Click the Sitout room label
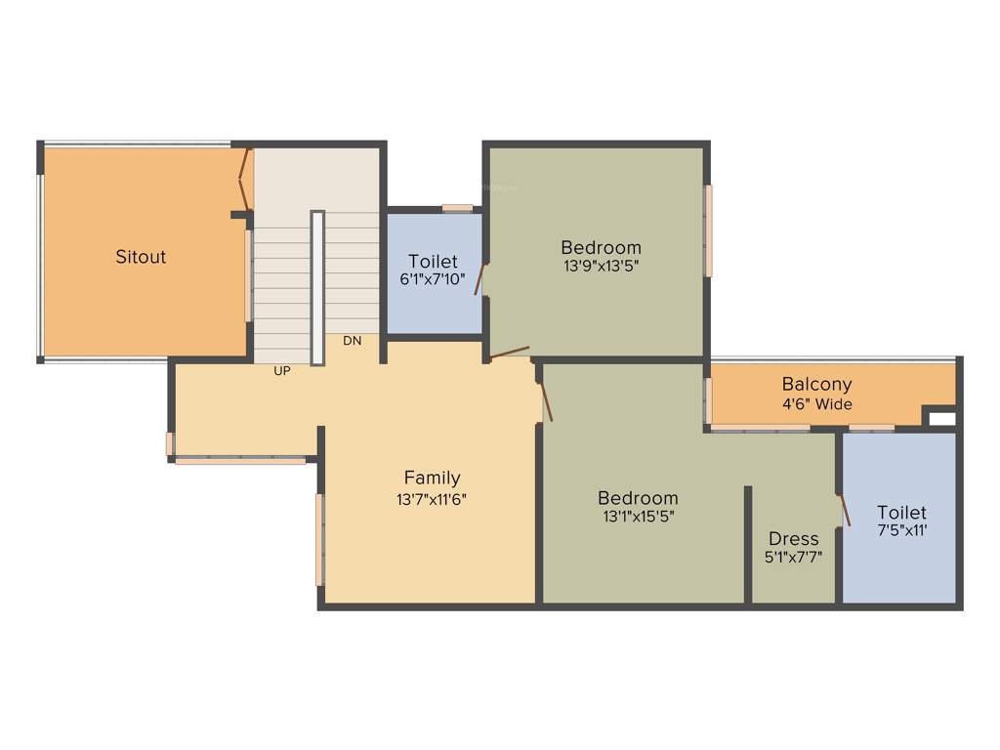click(141, 257)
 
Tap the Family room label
click(432, 478)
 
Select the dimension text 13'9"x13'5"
click(601, 264)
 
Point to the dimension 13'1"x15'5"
click(638, 516)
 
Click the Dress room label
click(793, 539)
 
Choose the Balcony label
click(816, 385)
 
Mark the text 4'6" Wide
click(816, 403)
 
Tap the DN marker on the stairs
click(353, 341)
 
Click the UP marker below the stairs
click(282, 371)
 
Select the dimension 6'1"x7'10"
click(433, 278)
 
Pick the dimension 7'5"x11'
click(900, 530)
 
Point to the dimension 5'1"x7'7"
click(793, 557)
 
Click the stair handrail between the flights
click(317, 287)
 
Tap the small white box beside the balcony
click(942, 419)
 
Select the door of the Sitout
click(246, 178)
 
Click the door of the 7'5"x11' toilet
click(844, 510)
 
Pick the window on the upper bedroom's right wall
click(709, 229)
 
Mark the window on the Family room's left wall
click(319, 539)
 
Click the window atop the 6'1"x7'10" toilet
click(457, 208)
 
